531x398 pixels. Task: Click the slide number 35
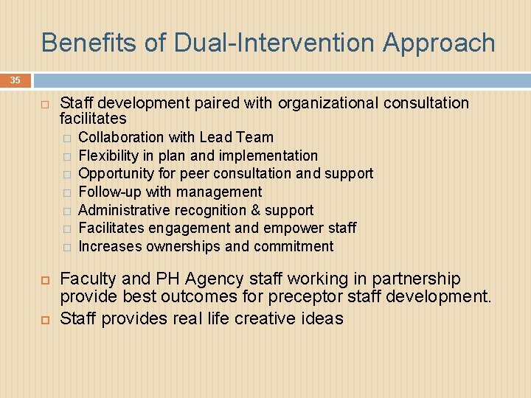(x=15, y=80)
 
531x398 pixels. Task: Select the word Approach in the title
(x=439, y=43)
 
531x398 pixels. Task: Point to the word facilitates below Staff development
(x=93, y=119)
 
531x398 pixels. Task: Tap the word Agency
(x=215, y=279)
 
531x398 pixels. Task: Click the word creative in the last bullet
(x=260, y=318)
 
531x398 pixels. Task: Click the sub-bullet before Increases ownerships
(x=66, y=247)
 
